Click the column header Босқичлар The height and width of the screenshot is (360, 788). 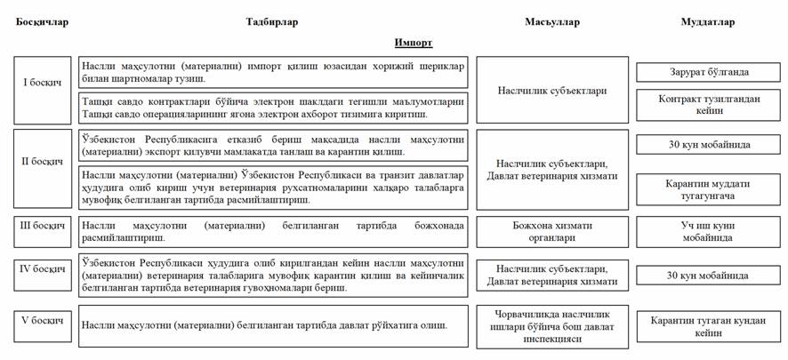(x=42, y=22)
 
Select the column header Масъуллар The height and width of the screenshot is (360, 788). (x=552, y=22)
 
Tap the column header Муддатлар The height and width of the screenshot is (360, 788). (x=708, y=22)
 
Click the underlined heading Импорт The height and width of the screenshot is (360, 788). (x=414, y=42)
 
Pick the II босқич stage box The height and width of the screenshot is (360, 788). (x=42, y=162)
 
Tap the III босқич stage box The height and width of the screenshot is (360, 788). (x=42, y=226)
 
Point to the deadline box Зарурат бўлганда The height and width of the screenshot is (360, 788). (x=709, y=72)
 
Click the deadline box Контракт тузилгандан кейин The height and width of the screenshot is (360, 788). (x=709, y=105)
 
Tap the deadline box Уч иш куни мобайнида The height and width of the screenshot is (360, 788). (x=709, y=232)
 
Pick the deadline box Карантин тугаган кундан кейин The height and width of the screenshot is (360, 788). (x=709, y=325)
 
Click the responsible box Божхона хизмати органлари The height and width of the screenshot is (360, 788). (x=552, y=231)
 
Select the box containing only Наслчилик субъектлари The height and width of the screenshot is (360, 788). (x=552, y=90)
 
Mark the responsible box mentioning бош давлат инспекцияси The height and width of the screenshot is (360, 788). (x=552, y=325)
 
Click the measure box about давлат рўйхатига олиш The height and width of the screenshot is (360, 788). (x=272, y=325)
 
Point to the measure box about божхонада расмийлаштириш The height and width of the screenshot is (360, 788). (x=272, y=231)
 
